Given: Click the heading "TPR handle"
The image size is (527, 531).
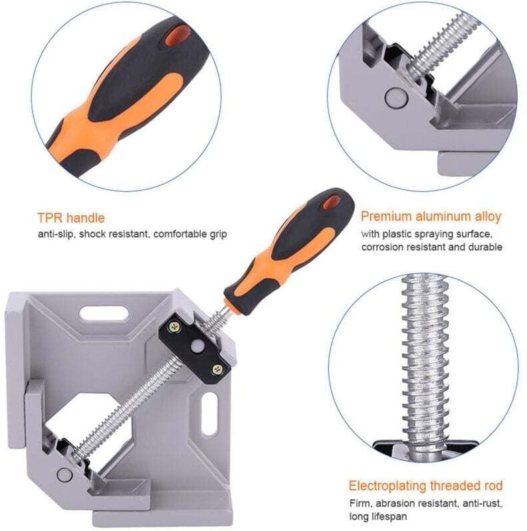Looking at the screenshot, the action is click(71, 218).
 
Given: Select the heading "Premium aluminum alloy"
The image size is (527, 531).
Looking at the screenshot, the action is click(431, 216).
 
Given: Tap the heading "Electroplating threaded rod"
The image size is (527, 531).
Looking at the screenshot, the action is click(425, 485).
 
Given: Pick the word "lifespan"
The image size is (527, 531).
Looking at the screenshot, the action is click(383, 516).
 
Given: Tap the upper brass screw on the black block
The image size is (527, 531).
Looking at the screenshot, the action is click(175, 327).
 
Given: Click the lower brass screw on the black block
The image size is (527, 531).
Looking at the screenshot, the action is click(217, 370).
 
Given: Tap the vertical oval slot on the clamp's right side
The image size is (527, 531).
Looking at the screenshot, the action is click(209, 414).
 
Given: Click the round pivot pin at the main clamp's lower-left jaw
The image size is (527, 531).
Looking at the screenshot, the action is click(64, 474).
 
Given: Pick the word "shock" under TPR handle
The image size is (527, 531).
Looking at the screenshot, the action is click(90, 234).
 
